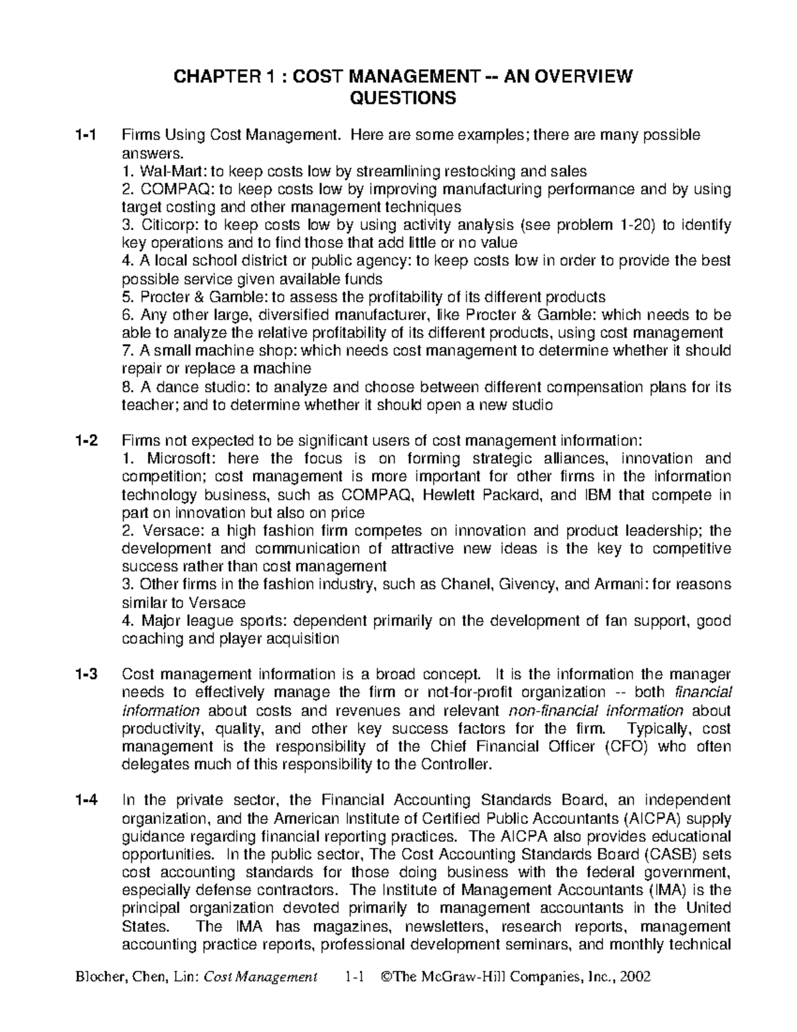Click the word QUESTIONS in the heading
(402, 98)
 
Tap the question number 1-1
(88, 136)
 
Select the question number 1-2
(88, 440)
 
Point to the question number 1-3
(88, 674)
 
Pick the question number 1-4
(88, 800)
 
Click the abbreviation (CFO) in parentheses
(628, 746)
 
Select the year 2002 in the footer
(636, 977)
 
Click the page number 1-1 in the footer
(356, 977)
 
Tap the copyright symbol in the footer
(387, 977)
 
